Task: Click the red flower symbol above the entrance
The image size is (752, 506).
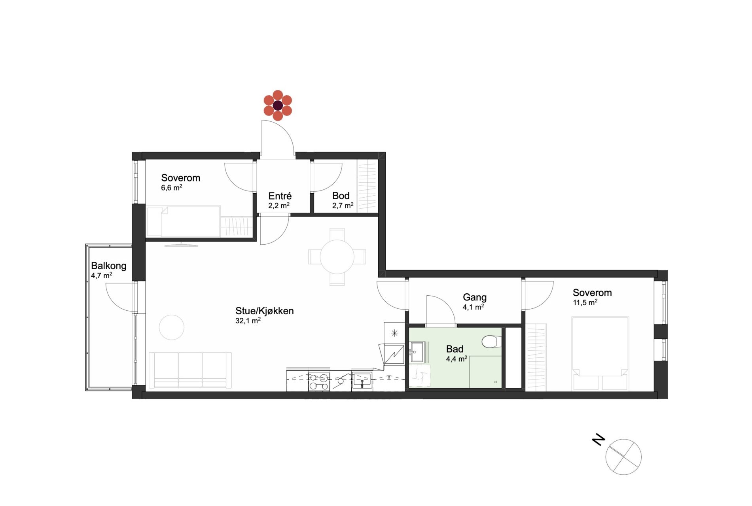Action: [278, 106]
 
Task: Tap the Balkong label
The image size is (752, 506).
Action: [109, 266]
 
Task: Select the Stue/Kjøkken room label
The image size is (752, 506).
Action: [265, 311]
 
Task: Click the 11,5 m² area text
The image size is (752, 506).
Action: [585, 302]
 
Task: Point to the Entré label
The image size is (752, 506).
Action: [280, 196]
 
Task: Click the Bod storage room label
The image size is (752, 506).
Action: [341, 196]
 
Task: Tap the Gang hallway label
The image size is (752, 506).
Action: [475, 297]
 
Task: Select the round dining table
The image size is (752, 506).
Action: [337, 257]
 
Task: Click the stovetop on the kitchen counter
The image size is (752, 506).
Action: [319, 382]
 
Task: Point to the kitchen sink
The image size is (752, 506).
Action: [362, 380]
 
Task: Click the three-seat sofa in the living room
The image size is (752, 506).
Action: [190, 370]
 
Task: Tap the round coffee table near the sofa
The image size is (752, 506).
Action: [172, 327]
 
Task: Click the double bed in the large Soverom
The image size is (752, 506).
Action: [600, 353]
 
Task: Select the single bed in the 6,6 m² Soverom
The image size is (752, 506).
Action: [184, 221]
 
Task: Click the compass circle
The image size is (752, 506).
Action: [623, 457]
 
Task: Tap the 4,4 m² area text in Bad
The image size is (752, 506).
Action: [457, 359]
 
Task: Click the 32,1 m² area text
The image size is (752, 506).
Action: [248, 321]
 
